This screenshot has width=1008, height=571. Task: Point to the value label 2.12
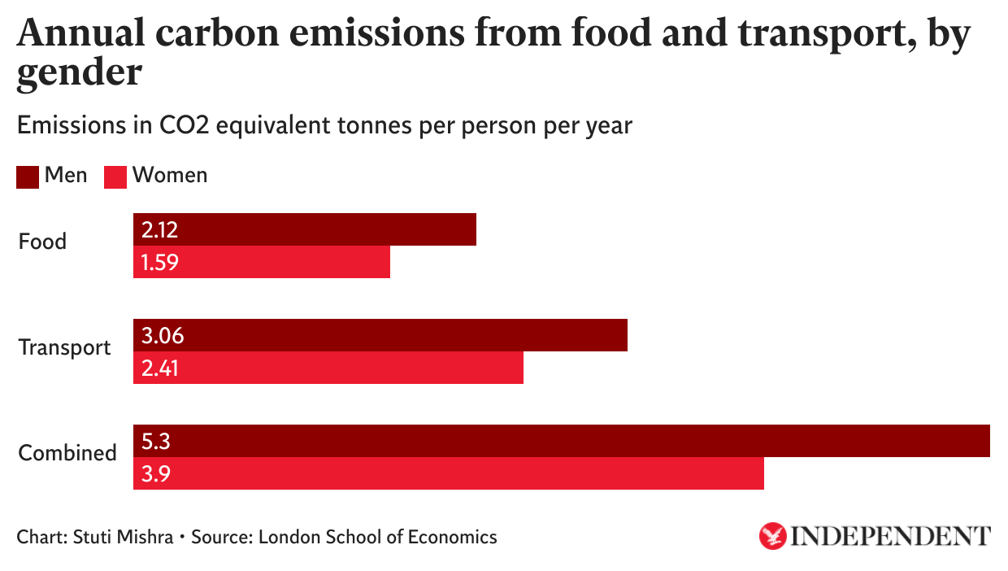[x=159, y=230]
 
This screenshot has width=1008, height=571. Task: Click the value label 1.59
[x=159, y=263]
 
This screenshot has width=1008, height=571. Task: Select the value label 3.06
[x=160, y=336]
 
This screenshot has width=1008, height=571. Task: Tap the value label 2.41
[x=159, y=368]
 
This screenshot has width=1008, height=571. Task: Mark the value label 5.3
[x=154, y=442]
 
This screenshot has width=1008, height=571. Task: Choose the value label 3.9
[x=154, y=474]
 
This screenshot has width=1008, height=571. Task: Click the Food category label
[x=42, y=242]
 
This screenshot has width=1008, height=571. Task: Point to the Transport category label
[x=65, y=348]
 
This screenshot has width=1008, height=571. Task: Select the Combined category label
[x=67, y=453]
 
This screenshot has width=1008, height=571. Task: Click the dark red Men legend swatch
[x=28, y=176]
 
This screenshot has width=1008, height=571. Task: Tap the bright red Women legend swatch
[x=115, y=176]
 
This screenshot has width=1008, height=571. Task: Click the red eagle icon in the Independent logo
[x=772, y=536]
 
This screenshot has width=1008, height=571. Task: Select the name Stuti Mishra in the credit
[x=123, y=537]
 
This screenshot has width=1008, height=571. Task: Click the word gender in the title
[x=80, y=74]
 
